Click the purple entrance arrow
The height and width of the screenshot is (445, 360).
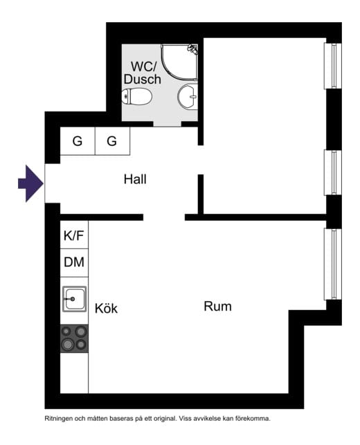(x=30, y=183)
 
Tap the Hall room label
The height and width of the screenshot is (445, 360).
(x=135, y=179)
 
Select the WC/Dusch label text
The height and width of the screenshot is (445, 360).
(x=143, y=73)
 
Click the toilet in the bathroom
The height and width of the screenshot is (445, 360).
(x=137, y=96)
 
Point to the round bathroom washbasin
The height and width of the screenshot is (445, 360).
(x=188, y=96)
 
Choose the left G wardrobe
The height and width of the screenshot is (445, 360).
(x=78, y=141)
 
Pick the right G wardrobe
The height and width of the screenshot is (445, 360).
(x=112, y=141)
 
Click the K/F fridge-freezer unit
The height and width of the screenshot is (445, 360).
(x=74, y=235)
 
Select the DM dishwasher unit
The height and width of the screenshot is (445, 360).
(x=74, y=262)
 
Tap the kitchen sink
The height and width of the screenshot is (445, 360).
(x=74, y=299)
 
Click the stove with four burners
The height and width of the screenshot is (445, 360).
(x=74, y=338)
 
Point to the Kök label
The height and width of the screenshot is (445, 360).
(x=106, y=308)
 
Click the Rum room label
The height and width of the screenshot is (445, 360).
(x=218, y=307)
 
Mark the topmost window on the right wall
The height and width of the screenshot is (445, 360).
(x=333, y=66)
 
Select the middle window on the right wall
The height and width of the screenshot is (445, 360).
(x=333, y=172)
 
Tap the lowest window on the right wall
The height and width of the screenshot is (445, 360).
(x=333, y=264)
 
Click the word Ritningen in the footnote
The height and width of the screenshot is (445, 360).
(x=58, y=419)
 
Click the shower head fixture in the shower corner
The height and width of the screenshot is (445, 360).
(x=192, y=49)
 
